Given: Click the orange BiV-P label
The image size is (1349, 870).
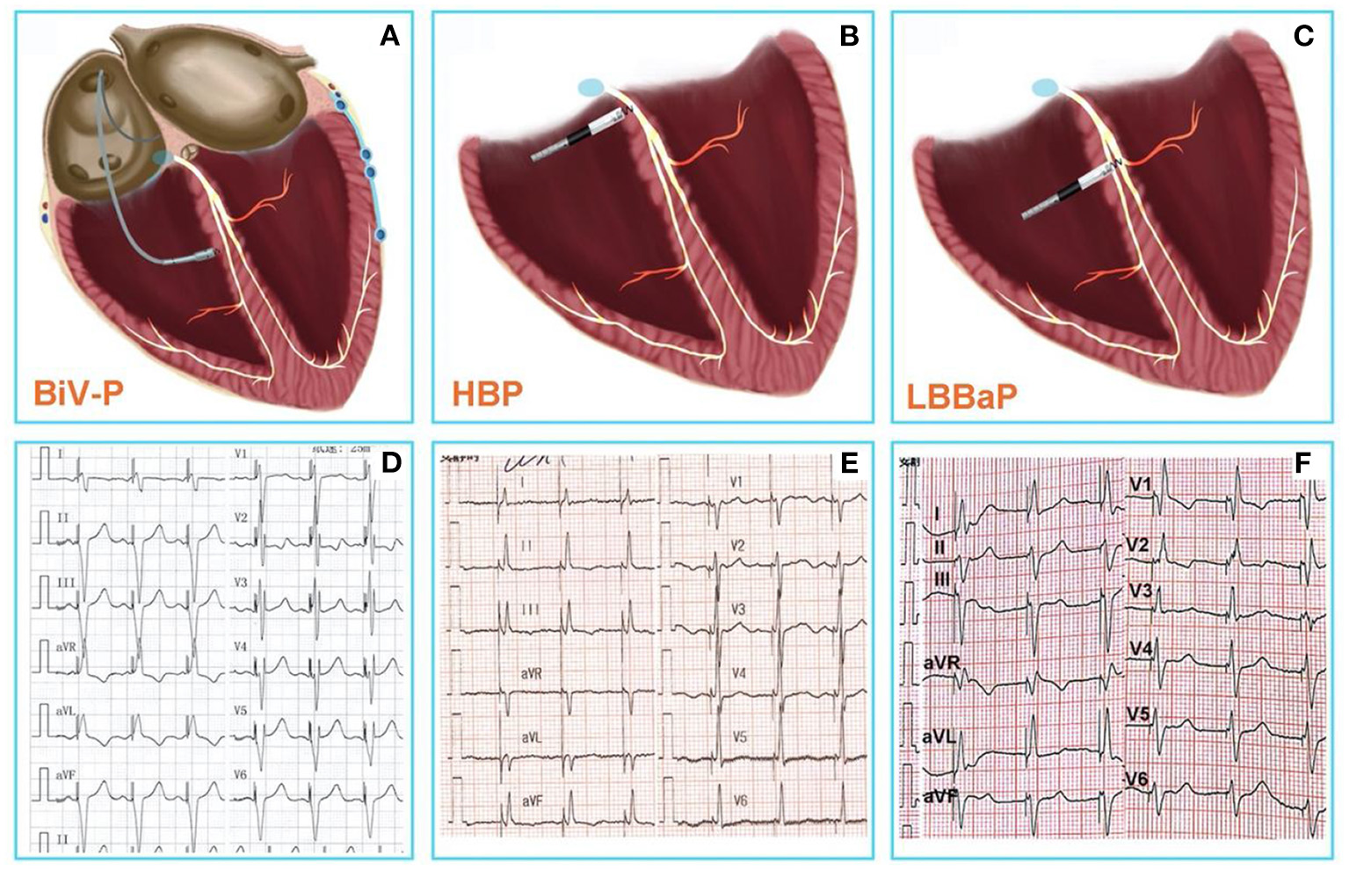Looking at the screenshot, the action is pos(77,392).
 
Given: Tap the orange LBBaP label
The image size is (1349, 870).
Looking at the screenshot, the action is pos(961,395).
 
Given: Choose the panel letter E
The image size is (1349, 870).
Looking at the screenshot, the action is pos(849,462).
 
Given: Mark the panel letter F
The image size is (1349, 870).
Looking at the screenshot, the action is pos(1304,462).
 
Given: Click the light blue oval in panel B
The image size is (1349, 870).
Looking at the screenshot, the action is pos(591,86).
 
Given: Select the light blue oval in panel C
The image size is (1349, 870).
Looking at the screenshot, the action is pos(1045,87).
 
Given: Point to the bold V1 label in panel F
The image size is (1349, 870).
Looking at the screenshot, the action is pos(1141,484).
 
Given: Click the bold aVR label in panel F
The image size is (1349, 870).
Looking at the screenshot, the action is pos(940,662).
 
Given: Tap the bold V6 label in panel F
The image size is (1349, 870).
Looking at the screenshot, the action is pos(1136,779).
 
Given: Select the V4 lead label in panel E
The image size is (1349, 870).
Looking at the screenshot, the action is pos(739,673).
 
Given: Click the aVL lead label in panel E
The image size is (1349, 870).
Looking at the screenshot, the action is pos(531,737).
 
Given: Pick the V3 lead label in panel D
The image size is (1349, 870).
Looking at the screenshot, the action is pos(241,583).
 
